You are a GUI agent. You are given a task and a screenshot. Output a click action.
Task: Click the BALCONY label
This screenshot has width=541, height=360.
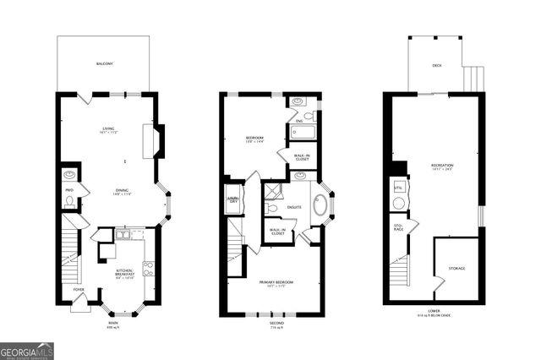103,64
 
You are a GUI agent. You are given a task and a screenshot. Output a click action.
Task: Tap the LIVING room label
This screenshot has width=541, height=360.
108,128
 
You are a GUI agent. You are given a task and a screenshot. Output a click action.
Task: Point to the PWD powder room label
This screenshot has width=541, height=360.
70,190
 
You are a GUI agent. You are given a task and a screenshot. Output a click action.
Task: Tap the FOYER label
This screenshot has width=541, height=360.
79,289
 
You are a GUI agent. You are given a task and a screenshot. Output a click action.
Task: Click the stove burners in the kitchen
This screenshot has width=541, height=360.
148,270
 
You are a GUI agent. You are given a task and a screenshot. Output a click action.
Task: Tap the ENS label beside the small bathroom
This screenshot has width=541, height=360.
298,121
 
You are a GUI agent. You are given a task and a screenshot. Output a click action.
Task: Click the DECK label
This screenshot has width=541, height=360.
436,65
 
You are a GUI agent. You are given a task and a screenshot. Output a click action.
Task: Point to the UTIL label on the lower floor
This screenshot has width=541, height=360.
397,187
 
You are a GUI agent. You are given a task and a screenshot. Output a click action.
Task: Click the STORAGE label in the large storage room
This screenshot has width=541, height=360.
456,269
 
